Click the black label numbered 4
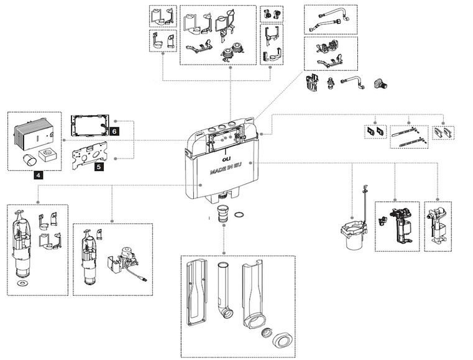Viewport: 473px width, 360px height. click(39, 176)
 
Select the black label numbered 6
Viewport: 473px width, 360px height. click(114, 131)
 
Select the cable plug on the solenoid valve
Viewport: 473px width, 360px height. click(145, 279)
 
